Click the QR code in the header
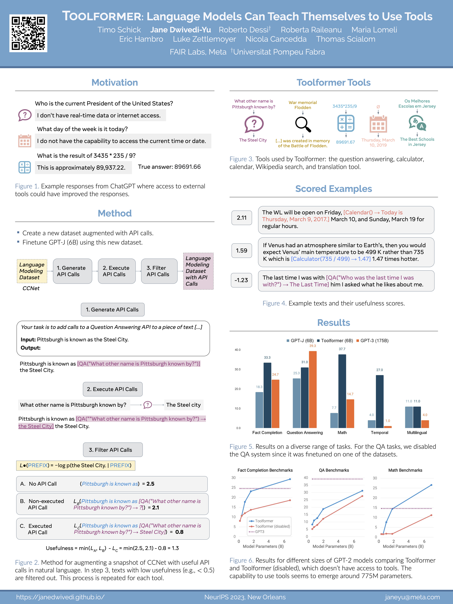(x=28, y=33)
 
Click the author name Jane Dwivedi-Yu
(x=181, y=30)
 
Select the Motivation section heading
(x=115, y=82)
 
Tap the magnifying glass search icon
(x=303, y=124)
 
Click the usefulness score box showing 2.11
(x=242, y=218)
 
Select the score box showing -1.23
(x=241, y=280)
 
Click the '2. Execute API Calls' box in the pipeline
(x=117, y=271)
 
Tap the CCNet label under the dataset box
(x=31, y=288)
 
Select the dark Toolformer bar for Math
(x=342, y=391)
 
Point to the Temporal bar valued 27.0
(x=380, y=401)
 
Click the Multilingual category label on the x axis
(x=417, y=432)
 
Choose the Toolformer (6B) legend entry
(x=335, y=341)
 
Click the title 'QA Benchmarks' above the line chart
(x=334, y=470)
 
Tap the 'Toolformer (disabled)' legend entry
(x=272, y=526)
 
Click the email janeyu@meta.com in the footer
(x=412, y=597)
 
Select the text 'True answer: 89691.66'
(x=169, y=167)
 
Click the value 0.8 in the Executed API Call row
(x=179, y=532)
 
